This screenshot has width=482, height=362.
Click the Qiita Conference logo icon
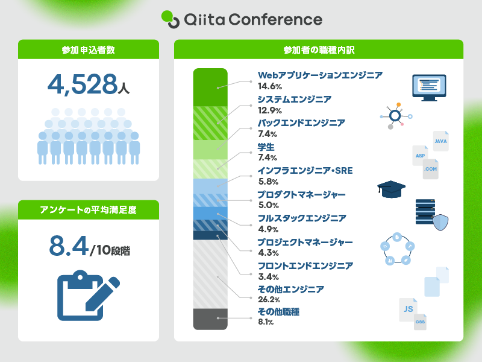click(171, 19)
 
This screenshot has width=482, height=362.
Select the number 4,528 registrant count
click(82, 84)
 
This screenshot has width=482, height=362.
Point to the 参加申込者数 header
click(88, 49)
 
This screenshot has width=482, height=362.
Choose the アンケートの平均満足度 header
click(88, 210)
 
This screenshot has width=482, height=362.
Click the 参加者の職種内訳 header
click(318, 49)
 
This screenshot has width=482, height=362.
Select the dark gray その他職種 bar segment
click(210, 319)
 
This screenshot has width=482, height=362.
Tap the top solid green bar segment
click(210, 87)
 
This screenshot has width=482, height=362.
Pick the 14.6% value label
click(269, 87)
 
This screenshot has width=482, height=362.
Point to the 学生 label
click(266, 147)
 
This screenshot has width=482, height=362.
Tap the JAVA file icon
click(440, 141)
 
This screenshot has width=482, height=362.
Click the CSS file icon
click(421, 322)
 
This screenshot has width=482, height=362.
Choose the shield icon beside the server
click(440, 223)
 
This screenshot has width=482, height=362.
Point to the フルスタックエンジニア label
click(301, 218)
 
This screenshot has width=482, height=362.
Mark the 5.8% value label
click(268, 182)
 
